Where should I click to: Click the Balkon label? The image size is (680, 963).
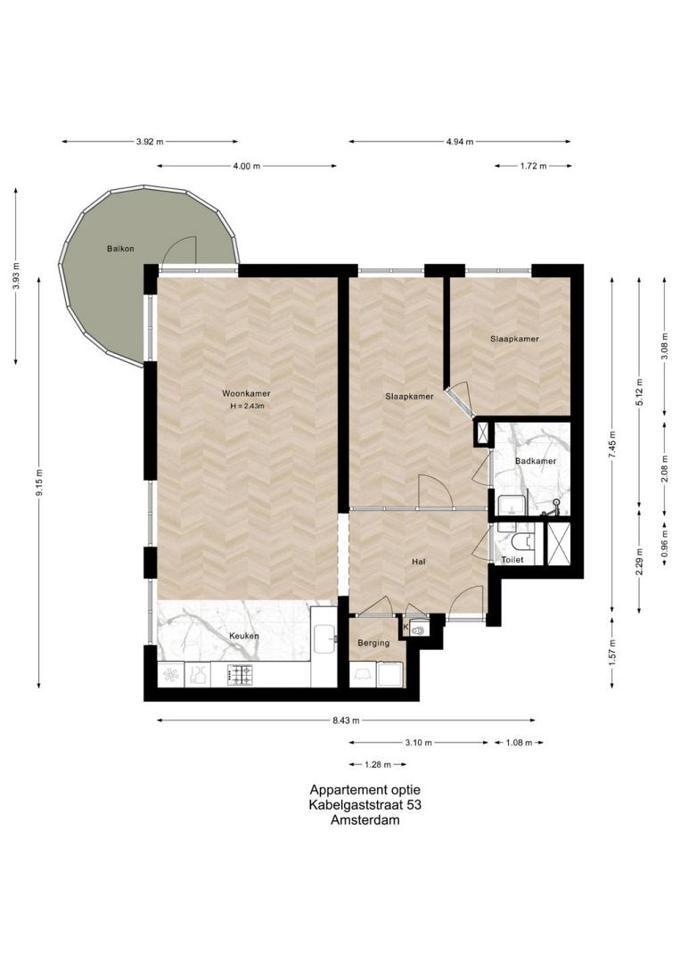coord(120,249)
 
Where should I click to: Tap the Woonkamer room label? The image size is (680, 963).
coord(246,394)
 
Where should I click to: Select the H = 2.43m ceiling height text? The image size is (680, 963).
coord(247,406)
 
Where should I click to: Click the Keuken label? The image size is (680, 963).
coord(243,636)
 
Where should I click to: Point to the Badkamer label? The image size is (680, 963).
coord(535,461)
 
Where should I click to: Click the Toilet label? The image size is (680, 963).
coord(512,559)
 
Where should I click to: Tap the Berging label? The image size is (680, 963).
coord(373,643)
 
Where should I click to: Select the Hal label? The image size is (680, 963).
coord(419,562)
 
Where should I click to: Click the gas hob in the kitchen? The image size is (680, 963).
coord(240,675)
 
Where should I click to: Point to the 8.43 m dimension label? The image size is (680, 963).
coord(346,720)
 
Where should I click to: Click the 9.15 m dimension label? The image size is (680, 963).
coord(38,482)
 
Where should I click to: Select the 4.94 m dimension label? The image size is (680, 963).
coord(460,142)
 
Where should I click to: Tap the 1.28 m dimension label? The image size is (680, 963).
coord(378,765)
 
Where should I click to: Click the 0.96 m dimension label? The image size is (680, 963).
coord(665,543)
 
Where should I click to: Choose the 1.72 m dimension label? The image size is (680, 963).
coord(533,166)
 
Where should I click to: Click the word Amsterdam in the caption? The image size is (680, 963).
coord(365,820)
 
